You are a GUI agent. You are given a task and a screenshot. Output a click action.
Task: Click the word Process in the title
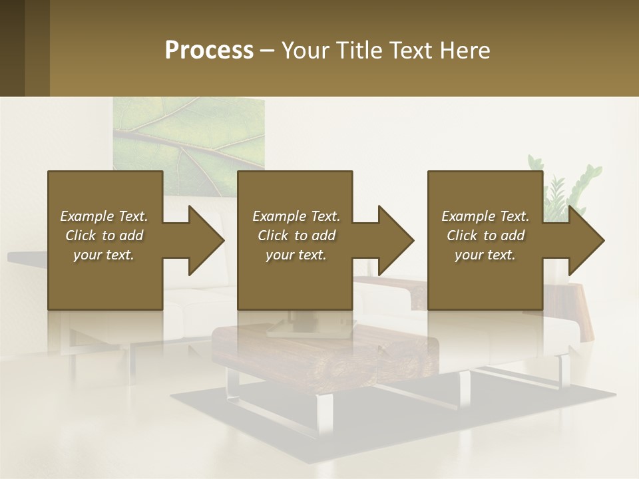click(209, 51)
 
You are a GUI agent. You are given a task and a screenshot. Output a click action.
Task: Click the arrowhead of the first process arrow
click(206, 240)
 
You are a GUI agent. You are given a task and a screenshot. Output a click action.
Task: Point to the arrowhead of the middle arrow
click(396, 240)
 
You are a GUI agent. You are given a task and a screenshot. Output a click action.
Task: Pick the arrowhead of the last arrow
click(586, 240)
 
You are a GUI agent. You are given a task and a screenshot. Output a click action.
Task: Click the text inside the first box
click(104, 236)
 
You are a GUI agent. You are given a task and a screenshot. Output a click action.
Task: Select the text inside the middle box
click(296, 236)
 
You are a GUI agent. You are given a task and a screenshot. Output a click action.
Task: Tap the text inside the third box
click(485, 236)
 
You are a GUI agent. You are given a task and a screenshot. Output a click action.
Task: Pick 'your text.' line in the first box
click(104, 255)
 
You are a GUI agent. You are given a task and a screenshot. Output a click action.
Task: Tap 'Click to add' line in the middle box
click(296, 236)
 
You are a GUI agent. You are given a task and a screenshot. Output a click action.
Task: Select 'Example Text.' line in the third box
click(485, 216)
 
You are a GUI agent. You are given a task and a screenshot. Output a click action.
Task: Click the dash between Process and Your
click(268, 51)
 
